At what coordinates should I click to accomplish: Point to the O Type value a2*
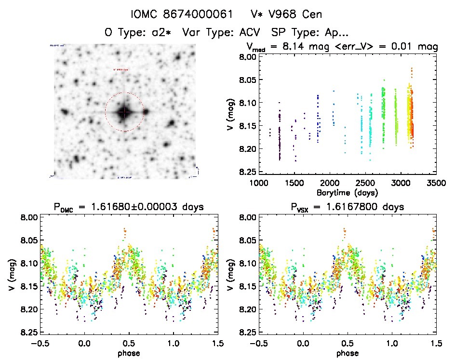tap(163, 33)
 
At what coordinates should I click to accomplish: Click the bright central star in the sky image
tap(124, 112)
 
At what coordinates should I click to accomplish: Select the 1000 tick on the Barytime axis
tap(259, 184)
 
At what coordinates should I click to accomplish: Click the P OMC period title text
tap(129, 207)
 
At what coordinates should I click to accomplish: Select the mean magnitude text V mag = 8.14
tap(284, 47)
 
